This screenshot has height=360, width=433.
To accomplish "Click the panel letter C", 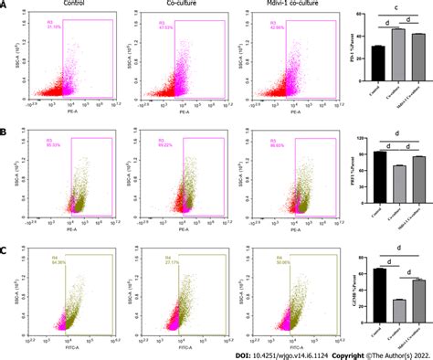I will [5, 234].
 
